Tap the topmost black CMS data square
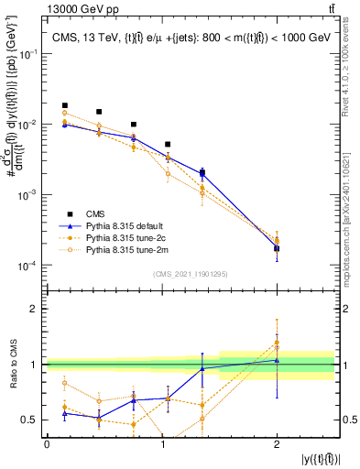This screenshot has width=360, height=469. click(x=64, y=105)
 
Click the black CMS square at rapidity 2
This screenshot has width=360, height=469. click(x=277, y=248)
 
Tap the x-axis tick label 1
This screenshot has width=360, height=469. click(x=161, y=444)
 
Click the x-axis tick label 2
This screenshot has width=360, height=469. click(x=277, y=444)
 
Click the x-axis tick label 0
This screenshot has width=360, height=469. click(x=47, y=444)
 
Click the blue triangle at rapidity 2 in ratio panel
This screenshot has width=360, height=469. click(x=277, y=359)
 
